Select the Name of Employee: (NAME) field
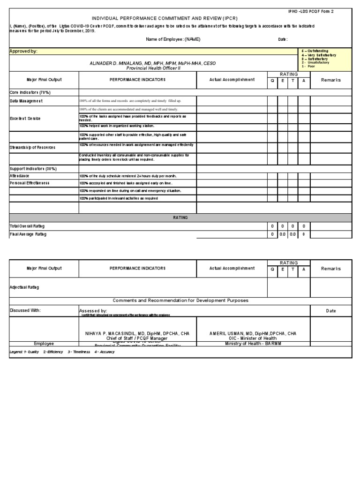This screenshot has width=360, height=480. pyautogui.click(x=173, y=39)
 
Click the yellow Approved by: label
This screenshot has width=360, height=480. pyautogui.click(x=24, y=51)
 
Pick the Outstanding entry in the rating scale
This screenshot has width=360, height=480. pyautogui.click(x=317, y=51)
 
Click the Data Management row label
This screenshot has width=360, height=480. pyautogui.click(x=26, y=101)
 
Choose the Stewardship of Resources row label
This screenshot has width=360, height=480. pyautogui.click(x=32, y=148)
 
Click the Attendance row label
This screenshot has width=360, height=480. pyautogui.click(x=20, y=176)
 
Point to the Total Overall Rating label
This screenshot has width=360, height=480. pyautogui.click(x=27, y=226)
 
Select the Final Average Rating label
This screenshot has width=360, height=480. pyautogui.click(x=28, y=234)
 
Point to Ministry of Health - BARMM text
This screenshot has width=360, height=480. pyautogui.click(x=253, y=344)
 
